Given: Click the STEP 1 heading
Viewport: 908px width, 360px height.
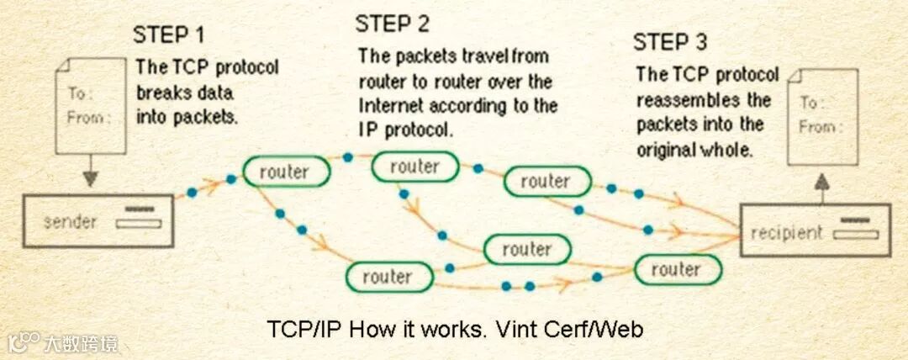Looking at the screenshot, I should [x=168, y=36].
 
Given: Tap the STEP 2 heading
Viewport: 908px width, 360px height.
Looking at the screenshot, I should [x=392, y=24].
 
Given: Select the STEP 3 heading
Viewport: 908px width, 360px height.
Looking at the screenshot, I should [x=670, y=42].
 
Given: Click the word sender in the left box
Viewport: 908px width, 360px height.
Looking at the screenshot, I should [x=70, y=222].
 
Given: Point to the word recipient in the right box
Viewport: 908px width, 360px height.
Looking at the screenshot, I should [x=787, y=232].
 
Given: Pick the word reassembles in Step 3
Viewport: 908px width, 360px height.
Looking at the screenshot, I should [x=692, y=100].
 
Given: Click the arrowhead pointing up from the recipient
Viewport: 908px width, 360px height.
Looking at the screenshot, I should [x=821, y=183].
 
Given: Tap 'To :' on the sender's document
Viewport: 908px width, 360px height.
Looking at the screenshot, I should [x=82, y=93].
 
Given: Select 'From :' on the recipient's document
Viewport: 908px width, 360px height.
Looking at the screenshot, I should [x=816, y=127].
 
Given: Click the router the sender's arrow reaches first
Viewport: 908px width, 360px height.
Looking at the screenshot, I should [x=284, y=172].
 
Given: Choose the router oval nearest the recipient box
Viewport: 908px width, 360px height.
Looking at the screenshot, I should [x=677, y=269].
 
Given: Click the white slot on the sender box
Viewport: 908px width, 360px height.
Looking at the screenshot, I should [x=138, y=224].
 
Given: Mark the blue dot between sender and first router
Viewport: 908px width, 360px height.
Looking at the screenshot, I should [x=192, y=193].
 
